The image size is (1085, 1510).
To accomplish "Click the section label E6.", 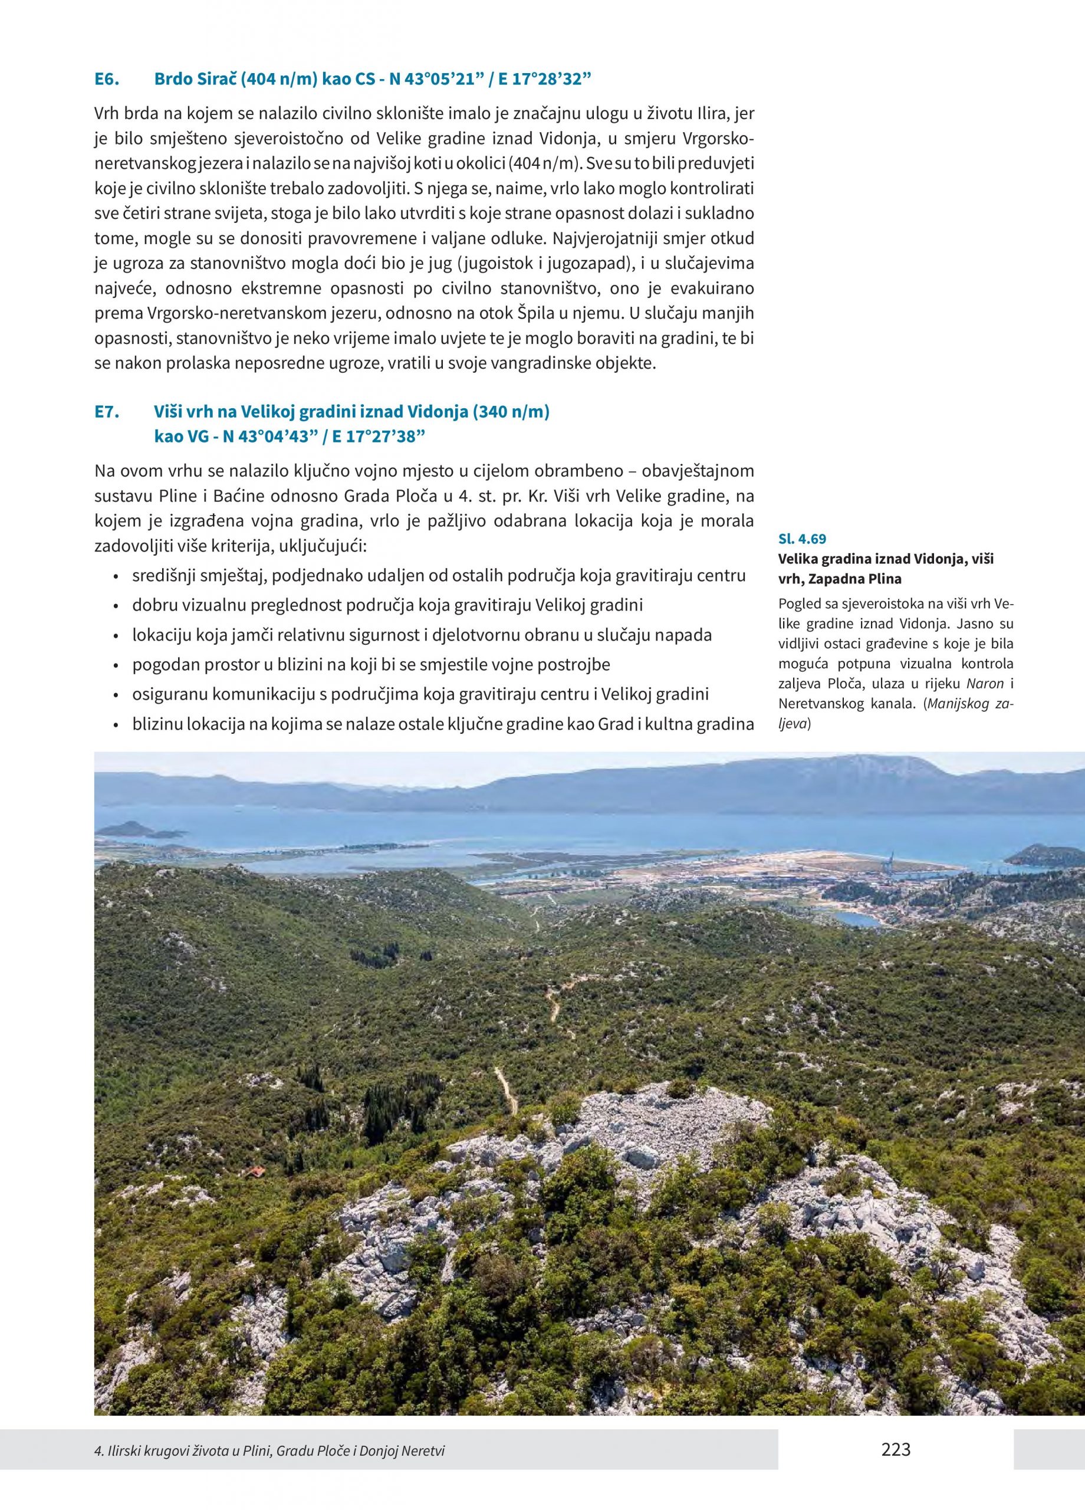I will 107,79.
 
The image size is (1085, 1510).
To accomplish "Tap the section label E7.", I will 107,412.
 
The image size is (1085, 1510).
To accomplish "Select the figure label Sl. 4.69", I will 802,539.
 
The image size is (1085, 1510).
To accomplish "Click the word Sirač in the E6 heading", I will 214,79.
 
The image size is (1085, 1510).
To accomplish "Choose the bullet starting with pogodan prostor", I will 371,664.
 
